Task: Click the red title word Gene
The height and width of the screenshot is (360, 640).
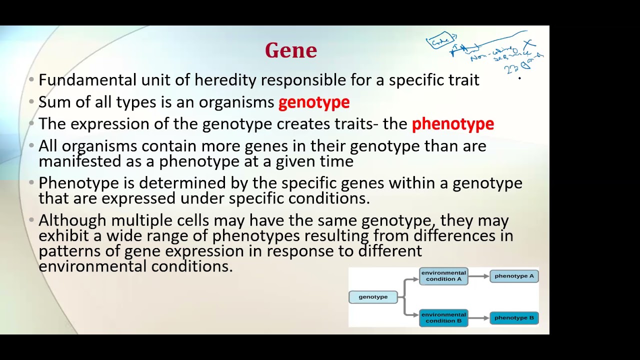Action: coord(290,50)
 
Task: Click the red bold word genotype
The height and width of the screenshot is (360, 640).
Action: coord(313,102)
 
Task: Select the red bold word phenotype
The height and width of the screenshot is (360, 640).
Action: coord(452,124)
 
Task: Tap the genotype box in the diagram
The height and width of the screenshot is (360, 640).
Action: coord(373,297)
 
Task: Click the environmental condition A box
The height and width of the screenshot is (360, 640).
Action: coord(443,276)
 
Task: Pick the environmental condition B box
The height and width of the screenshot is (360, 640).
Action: coord(443,318)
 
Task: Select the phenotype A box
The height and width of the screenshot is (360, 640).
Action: coord(514,276)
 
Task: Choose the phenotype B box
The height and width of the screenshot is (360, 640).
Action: coord(514,318)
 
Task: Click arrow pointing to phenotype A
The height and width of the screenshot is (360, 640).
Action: coord(478,276)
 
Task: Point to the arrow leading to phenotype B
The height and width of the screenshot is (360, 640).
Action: coord(478,318)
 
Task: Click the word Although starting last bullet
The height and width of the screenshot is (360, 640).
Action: coord(72,220)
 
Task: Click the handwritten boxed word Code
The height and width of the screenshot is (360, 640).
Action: coord(440,41)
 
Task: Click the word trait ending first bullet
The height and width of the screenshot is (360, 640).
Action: coord(464,80)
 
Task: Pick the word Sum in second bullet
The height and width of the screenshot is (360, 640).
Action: coord(51,102)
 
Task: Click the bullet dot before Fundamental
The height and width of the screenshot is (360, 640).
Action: coord(31,80)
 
